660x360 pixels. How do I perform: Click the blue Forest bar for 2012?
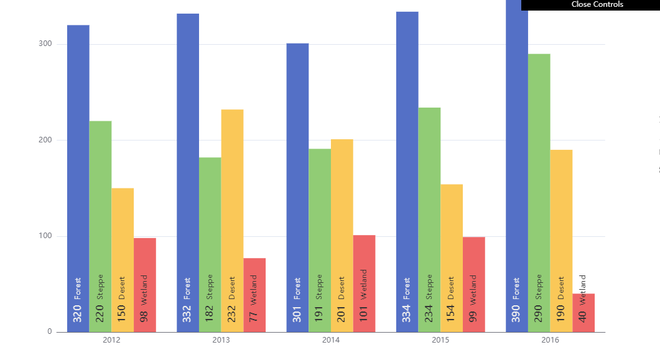coord(78,155)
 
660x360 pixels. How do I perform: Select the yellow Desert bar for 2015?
coord(452,230)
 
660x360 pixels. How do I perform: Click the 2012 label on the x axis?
coord(111,341)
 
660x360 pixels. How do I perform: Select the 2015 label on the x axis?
coord(440,341)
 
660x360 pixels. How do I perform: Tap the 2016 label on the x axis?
coord(550,341)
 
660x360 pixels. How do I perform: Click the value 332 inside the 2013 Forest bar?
coord(187,313)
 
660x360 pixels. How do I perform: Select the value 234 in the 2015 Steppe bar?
coord(429,313)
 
